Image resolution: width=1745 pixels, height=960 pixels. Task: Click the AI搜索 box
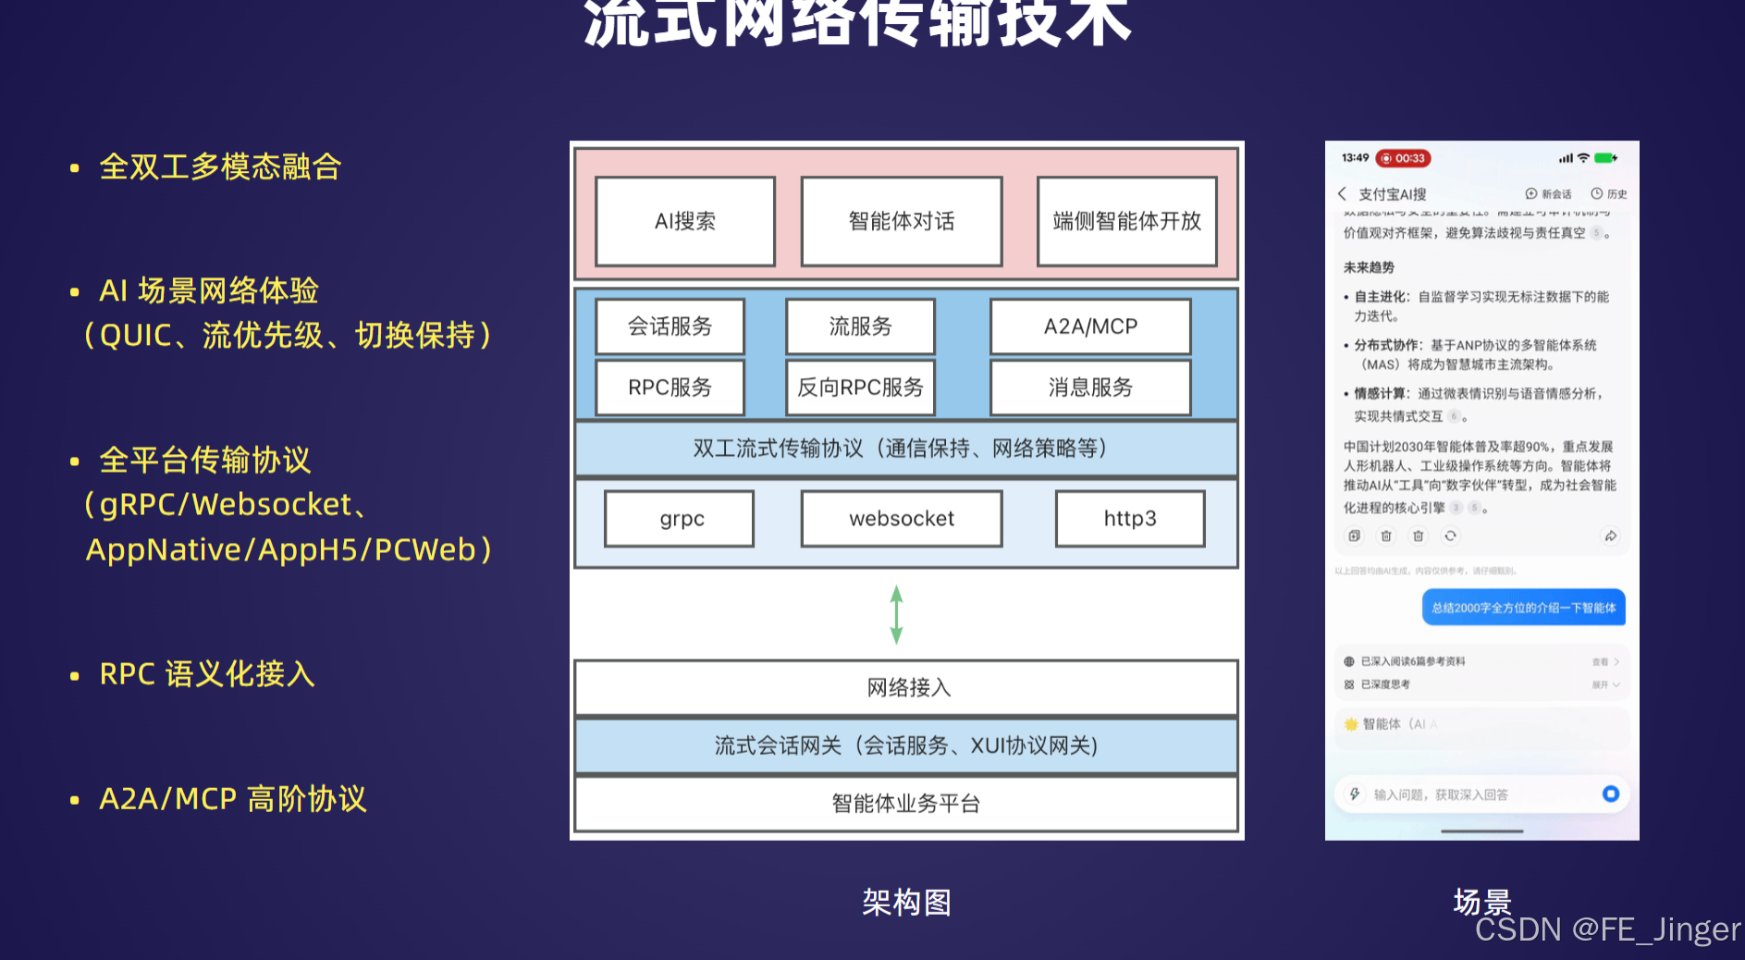684,221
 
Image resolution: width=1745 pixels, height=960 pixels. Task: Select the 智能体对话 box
901,221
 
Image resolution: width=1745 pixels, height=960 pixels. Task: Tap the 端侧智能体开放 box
1126,221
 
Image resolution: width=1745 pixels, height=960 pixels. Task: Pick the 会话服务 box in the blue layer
670,326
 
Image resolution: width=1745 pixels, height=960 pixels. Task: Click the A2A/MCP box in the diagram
1089,326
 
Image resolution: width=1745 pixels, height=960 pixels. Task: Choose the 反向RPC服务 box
859,388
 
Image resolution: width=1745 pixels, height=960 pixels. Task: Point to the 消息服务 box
1089,388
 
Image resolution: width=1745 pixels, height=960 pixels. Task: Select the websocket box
901,519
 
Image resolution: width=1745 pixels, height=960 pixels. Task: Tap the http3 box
1129,519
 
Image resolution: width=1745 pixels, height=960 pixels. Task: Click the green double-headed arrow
896,614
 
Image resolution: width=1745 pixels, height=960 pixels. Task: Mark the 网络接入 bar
906,687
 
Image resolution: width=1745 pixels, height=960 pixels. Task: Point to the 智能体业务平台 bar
906,804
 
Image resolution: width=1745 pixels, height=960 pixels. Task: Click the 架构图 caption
906,902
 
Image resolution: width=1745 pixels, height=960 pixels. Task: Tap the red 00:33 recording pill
1403,158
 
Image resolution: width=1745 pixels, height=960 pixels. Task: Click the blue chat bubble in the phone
1523,608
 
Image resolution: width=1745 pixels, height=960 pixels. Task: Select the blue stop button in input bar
1610,794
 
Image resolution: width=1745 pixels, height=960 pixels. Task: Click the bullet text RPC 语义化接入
207,674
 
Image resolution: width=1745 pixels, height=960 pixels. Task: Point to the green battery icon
1606,158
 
